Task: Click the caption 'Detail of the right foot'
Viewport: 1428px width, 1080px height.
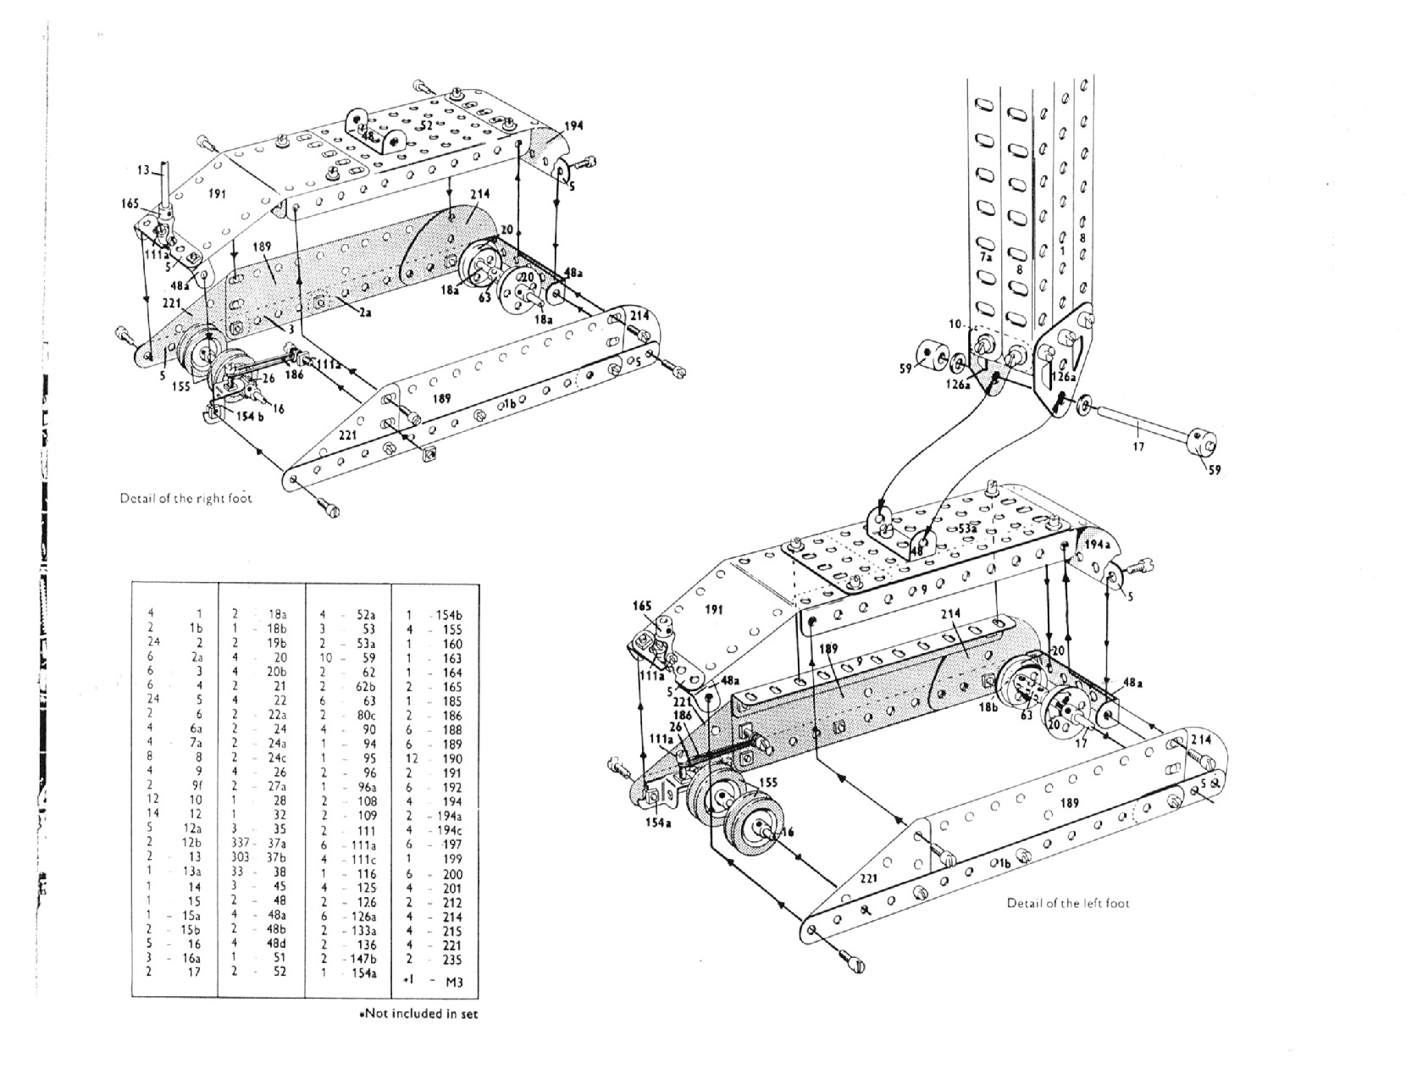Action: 185,498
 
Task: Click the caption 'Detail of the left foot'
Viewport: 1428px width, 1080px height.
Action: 1067,903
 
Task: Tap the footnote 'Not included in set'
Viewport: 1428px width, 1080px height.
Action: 418,1013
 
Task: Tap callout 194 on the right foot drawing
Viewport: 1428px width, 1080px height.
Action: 573,125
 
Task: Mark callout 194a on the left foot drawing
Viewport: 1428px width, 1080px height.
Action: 1097,545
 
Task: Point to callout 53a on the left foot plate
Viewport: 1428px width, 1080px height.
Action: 968,528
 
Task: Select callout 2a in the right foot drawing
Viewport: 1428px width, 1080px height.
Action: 364,311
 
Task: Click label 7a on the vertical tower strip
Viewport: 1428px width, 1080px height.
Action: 985,255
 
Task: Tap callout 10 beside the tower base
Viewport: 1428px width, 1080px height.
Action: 955,324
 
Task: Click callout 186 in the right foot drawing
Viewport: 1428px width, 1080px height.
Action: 294,373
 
